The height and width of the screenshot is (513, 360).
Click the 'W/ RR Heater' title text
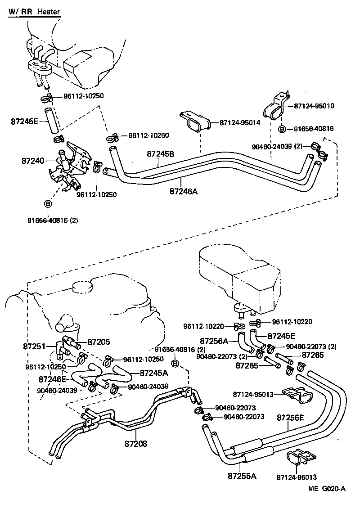[x=34, y=12]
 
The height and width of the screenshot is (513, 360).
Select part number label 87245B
[x=161, y=153]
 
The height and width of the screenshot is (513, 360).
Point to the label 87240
[x=32, y=160]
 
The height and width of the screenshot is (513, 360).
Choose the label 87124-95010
[x=314, y=106]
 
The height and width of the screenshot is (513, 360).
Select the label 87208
[x=136, y=443]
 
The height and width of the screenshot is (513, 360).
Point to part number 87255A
[x=242, y=476]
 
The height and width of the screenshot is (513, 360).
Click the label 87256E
[x=290, y=417]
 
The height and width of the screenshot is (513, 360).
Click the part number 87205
[x=99, y=342]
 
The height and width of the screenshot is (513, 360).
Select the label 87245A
[x=154, y=373]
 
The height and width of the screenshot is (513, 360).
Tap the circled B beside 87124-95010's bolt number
[x=282, y=129]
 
